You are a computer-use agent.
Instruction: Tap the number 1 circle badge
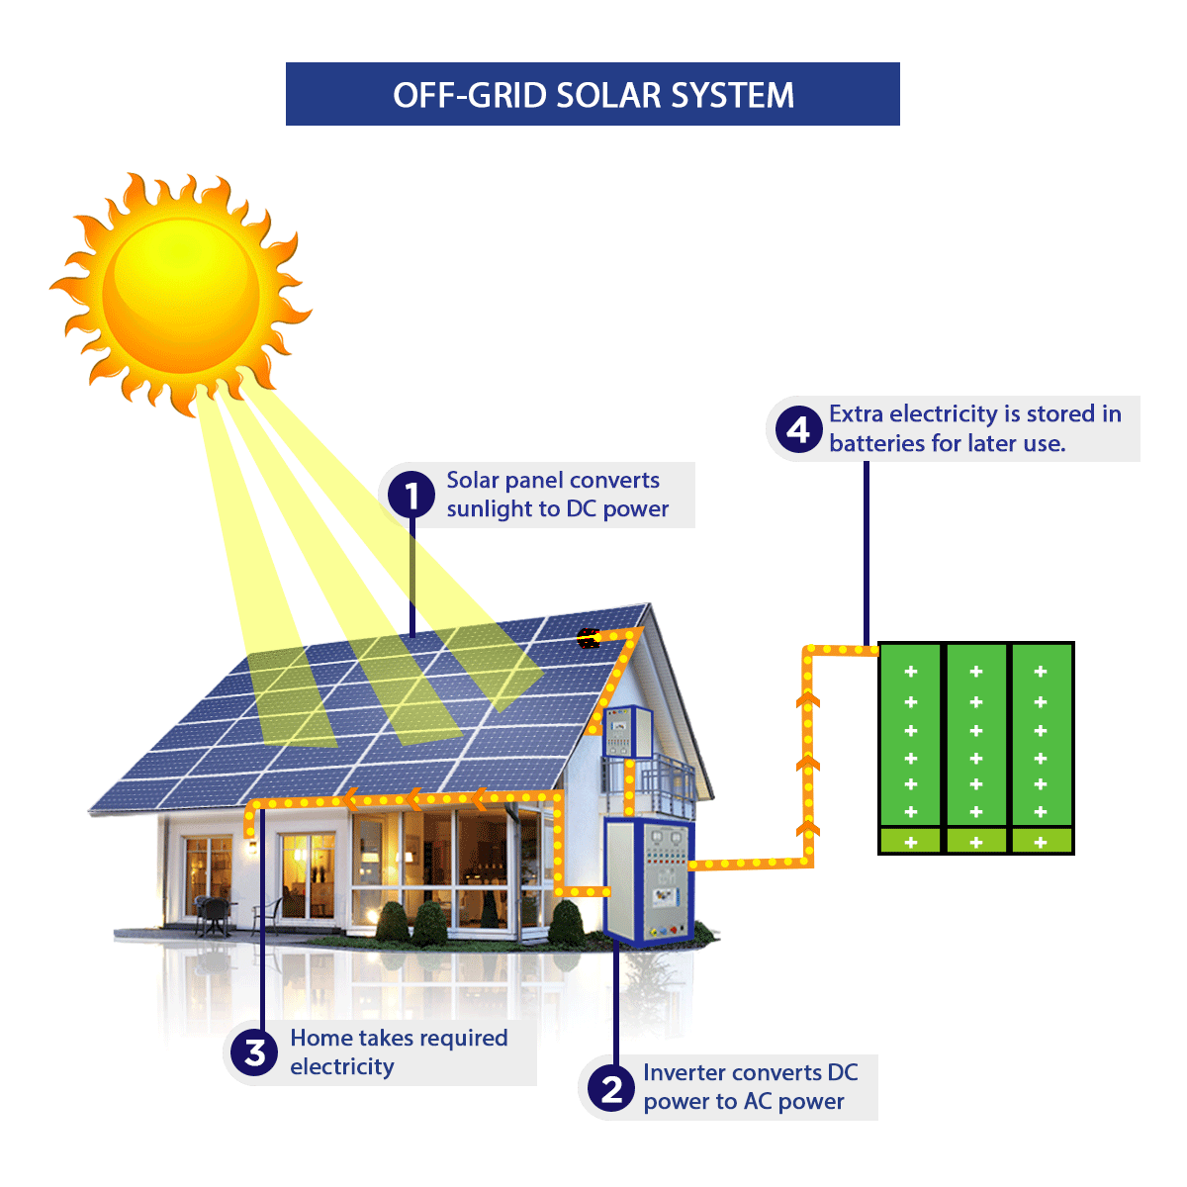411,495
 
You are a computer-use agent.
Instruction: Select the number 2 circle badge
611,1088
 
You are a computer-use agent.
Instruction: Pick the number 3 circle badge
256,1052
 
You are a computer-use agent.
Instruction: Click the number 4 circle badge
797,429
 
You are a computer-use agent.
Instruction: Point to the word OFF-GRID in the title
469,95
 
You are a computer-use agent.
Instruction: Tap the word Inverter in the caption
683,1073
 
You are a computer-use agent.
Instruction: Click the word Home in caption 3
320,1038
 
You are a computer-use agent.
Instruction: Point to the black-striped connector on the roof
589,638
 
